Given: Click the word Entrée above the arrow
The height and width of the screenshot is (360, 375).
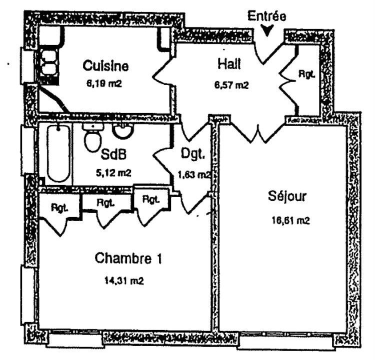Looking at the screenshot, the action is [266, 16].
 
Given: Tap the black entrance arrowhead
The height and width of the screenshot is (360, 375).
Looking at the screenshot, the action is [266, 30].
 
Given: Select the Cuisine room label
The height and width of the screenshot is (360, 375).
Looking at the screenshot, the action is [105, 65].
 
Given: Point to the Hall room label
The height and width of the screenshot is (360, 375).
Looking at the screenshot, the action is [229, 64].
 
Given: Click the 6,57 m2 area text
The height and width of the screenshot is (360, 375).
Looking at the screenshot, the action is [231, 85].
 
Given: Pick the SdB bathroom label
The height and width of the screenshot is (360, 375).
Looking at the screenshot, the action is [113, 154].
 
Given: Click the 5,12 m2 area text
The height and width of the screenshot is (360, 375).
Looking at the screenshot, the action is [113, 172].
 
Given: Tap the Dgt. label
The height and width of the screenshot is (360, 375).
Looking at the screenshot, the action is [193, 153].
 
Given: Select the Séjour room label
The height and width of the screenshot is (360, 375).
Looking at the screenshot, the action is [287, 196].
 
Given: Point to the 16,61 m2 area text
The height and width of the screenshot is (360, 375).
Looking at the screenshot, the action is [290, 220].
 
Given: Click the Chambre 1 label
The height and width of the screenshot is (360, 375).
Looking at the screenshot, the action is [128, 258].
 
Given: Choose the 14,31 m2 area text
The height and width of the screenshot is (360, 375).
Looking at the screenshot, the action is [124, 280].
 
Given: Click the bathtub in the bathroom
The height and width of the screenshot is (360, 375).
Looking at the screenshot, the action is [59, 153].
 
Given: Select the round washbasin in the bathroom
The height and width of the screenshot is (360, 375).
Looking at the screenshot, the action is [123, 131].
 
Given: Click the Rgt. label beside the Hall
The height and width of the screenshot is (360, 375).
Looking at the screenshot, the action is [306, 74].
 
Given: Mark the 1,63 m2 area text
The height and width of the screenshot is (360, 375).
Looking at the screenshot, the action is [194, 175].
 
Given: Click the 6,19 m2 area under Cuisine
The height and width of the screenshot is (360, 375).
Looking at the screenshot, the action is [104, 83].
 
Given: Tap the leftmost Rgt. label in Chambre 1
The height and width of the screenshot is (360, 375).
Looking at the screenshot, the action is [59, 208].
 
